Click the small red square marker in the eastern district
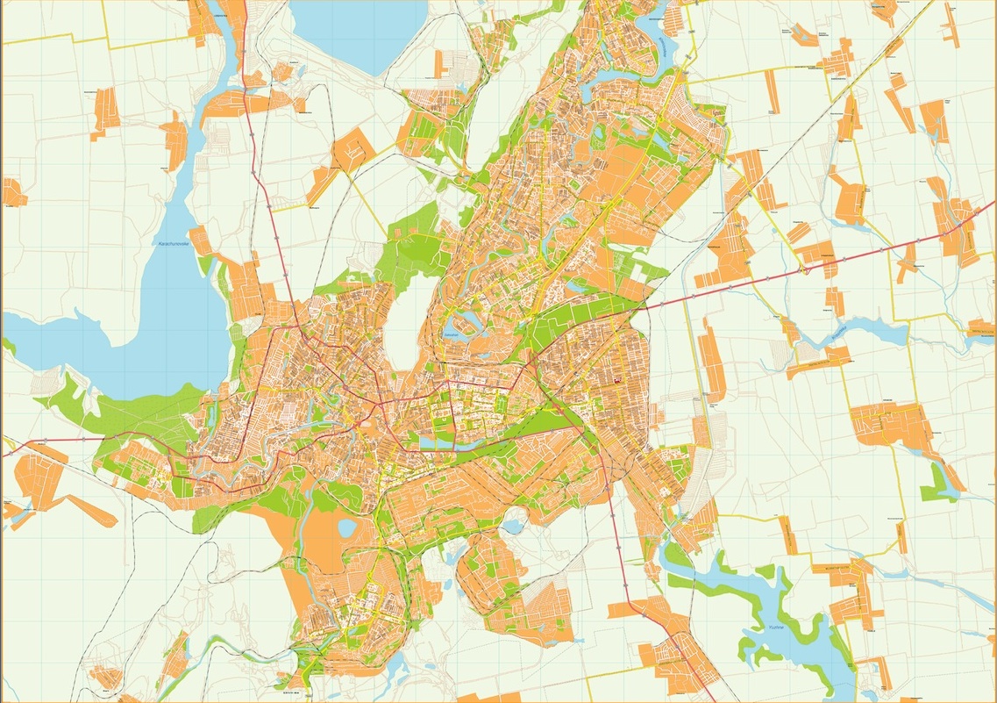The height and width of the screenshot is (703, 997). (616, 380)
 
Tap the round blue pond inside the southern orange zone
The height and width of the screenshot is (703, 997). (346, 527)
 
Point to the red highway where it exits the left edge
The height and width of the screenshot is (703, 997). (4, 455)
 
